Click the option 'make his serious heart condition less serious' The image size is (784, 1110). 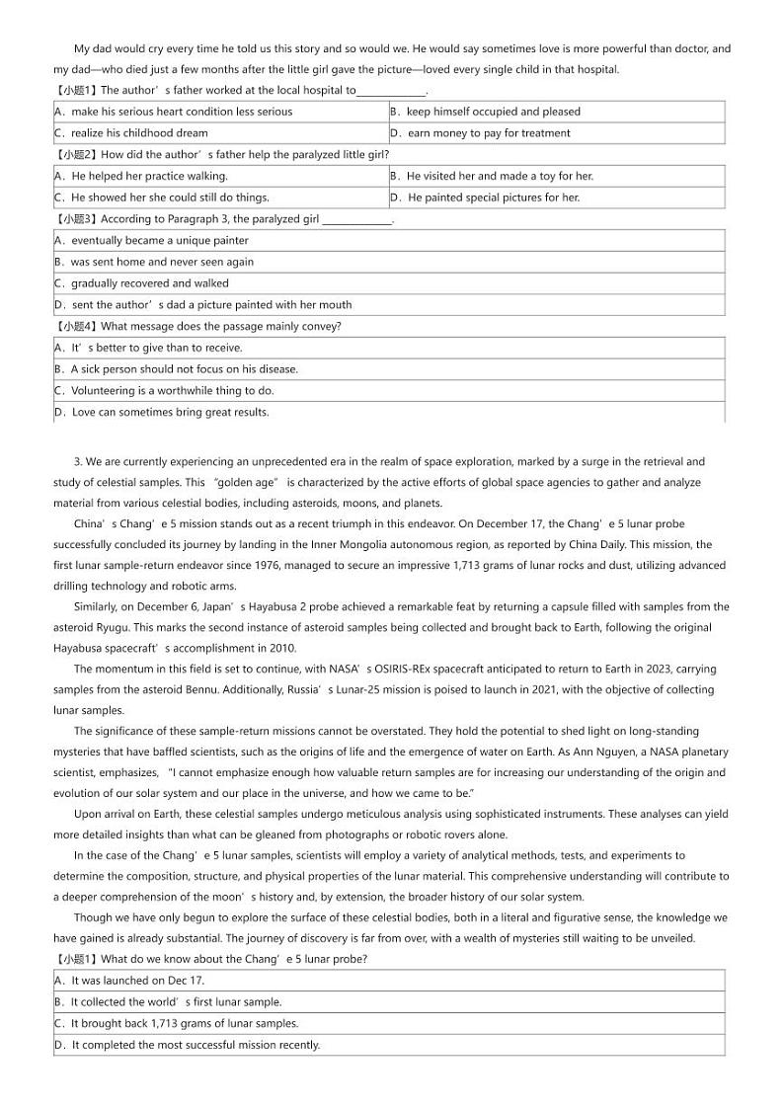tap(182, 112)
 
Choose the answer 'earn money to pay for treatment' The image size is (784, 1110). tap(489, 133)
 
